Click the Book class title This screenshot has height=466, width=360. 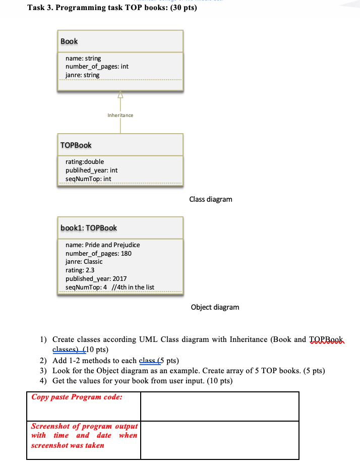[69, 41]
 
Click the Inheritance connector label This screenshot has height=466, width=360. [121, 115]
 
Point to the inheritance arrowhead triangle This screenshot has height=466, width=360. [121, 94]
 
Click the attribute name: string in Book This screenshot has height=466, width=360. [83, 59]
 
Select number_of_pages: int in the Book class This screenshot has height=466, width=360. [97, 67]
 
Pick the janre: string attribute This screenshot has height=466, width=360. [82, 75]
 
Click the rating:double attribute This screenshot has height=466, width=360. [85, 162]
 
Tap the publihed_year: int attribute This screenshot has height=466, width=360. [91, 170]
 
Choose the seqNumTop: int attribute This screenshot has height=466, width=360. [88, 179]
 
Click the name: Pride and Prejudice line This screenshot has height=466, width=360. [103, 245]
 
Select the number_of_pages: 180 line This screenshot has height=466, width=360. [98, 253]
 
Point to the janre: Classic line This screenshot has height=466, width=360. [84, 261]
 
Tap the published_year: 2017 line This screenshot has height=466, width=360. [96, 278]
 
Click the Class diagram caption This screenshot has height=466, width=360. [211, 199]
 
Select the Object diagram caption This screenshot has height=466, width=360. [215, 307]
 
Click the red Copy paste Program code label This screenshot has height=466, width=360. [77, 397]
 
